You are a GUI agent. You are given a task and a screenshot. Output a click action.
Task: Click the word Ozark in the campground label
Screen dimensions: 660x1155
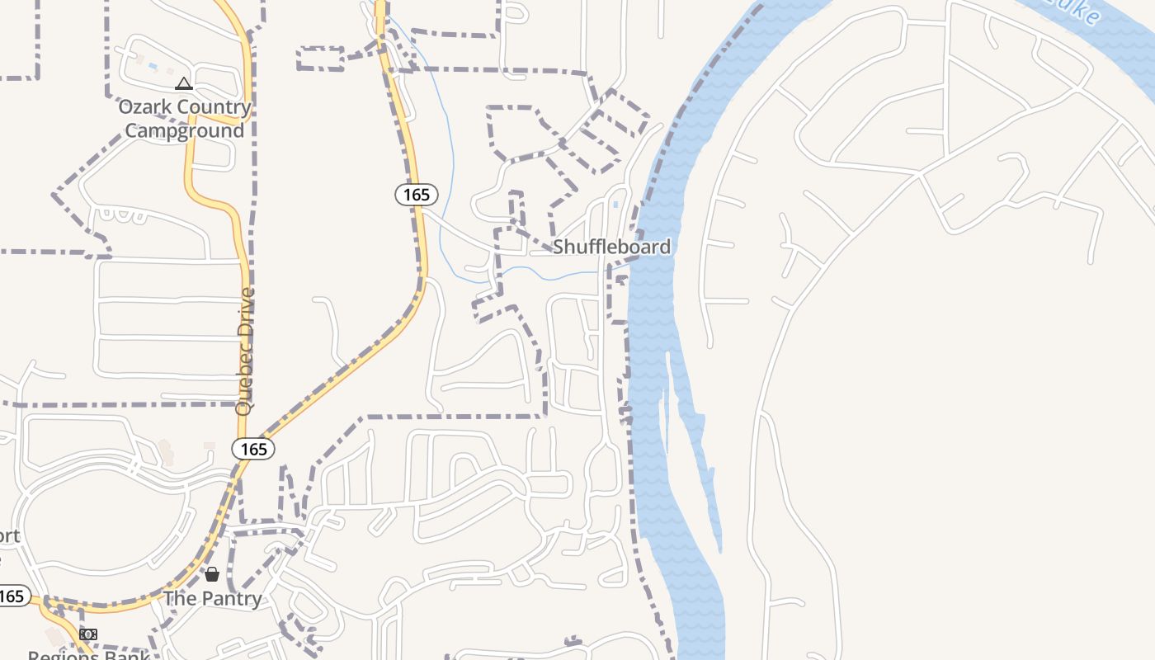(144, 107)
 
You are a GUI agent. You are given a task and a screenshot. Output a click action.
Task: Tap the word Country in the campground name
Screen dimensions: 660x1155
(213, 107)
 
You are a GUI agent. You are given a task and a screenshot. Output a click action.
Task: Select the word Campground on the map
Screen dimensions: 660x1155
(185, 131)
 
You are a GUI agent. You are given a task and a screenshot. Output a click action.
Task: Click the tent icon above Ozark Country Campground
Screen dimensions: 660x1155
(183, 83)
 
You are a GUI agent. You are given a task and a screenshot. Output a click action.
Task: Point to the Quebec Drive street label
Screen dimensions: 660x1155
(244, 351)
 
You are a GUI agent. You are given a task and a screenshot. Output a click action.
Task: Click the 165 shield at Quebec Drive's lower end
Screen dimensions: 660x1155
(252, 449)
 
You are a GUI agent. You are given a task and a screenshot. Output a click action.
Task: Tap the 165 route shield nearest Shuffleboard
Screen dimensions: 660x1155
(417, 195)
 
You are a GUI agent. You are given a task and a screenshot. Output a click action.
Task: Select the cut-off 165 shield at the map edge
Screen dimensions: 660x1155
(12, 596)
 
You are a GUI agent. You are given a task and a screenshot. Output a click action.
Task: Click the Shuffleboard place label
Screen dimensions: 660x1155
(611, 247)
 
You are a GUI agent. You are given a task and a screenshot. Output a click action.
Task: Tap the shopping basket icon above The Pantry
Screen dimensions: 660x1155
(212, 574)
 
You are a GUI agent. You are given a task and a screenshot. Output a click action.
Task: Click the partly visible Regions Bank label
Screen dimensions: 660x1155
(88, 655)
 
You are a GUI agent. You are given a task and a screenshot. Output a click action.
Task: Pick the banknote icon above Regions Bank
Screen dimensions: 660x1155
(88, 634)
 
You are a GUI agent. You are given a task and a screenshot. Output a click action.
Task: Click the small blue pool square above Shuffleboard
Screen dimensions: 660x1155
(615, 204)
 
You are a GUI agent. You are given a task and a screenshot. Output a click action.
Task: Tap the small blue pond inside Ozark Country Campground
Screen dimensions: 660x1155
(153, 66)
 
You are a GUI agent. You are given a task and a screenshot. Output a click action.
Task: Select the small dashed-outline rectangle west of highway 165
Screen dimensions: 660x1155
(320, 59)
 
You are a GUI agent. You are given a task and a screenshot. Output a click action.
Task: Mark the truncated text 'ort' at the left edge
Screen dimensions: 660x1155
(8, 536)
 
